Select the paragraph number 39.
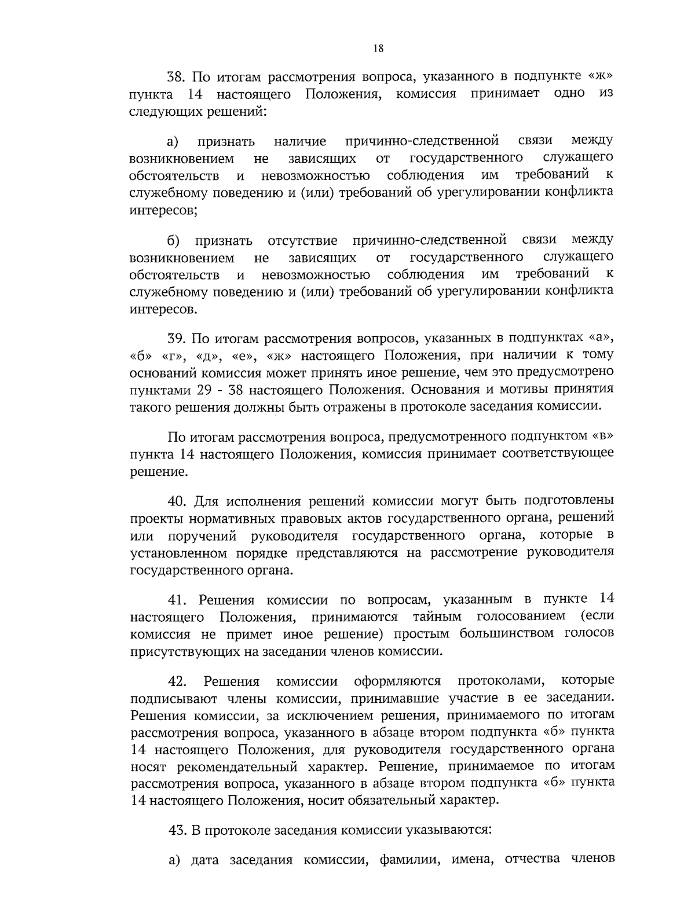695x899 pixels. pyautogui.click(x=175, y=337)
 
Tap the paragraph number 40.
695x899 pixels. pyautogui.click(x=176, y=500)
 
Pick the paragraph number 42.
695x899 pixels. pyautogui.click(x=177, y=681)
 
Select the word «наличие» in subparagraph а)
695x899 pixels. pyautogui.click(x=299, y=141)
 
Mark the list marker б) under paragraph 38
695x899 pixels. pyautogui.click(x=173, y=240)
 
